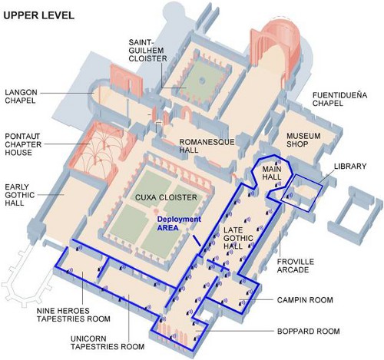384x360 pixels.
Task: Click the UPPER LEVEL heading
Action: [38, 15]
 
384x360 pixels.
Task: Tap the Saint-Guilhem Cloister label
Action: [147, 50]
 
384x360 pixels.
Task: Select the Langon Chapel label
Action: [22, 96]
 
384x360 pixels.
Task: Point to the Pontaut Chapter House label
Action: [23, 144]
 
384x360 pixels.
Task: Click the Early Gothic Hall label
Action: [20, 195]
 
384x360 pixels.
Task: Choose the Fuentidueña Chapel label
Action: [339, 99]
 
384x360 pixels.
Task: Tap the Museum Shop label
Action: [303, 140]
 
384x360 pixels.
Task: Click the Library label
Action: [350, 167]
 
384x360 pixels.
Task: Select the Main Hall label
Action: [272, 173]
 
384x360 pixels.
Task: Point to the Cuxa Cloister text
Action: [166, 197]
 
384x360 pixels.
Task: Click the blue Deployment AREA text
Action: [179, 223]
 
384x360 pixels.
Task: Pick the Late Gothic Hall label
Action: [238, 238]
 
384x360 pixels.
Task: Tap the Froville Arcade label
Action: [296, 266]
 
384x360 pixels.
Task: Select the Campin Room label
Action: [305, 300]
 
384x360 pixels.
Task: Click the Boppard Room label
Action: [309, 332]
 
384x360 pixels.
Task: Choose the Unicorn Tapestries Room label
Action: [108, 342]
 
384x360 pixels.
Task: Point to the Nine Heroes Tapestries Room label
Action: [74, 315]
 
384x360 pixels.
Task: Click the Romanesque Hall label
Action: [207, 146]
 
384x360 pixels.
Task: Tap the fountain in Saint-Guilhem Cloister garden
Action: [202, 81]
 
